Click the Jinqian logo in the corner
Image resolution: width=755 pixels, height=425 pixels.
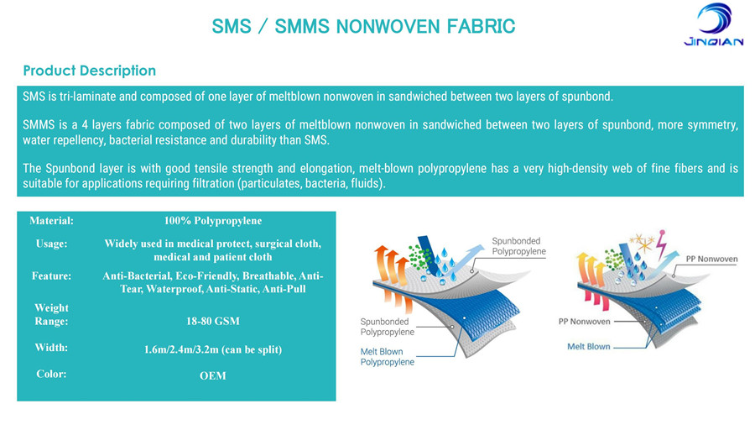click(714, 24)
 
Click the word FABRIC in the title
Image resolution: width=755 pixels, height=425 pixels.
click(481, 26)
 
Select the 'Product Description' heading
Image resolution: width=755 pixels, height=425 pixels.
click(90, 71)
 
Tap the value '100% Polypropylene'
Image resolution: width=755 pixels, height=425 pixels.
click(213, 221)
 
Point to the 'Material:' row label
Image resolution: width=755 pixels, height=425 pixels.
click(51, 221)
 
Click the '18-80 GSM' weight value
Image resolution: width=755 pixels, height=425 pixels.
click(213, 321)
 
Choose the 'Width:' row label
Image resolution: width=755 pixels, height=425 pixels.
click(51, 348)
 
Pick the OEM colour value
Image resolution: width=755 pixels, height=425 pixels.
click(213, 375)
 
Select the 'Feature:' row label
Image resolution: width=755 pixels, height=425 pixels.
click(51, 276)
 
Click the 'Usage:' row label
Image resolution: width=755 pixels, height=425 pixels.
click(51, 244)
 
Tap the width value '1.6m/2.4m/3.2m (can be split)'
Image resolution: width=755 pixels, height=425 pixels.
click(213, 349)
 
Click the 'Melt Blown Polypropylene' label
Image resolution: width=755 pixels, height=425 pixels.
click(387, 357)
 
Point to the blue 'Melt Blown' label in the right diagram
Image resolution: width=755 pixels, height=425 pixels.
click(588, 346)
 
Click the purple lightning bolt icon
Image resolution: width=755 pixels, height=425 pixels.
click(663, 244)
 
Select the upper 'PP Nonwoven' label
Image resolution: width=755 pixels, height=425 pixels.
click(711, 259)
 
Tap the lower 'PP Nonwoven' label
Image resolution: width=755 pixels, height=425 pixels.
click(584, 322)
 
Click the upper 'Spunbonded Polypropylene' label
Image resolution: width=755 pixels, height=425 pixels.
click(518, 246)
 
